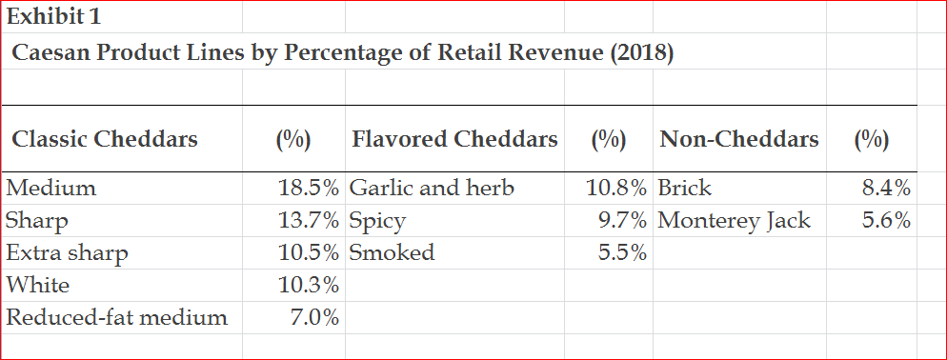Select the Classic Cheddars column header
105,139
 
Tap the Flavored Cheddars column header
454,139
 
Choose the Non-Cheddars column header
738,139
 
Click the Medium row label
51,188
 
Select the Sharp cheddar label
37,221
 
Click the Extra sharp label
67,252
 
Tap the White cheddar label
38,284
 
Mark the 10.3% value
308,284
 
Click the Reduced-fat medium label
116,317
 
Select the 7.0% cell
314,317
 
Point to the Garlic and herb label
432,188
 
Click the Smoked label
392,252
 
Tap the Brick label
685,188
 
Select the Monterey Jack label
735,221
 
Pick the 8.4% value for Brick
886,188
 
